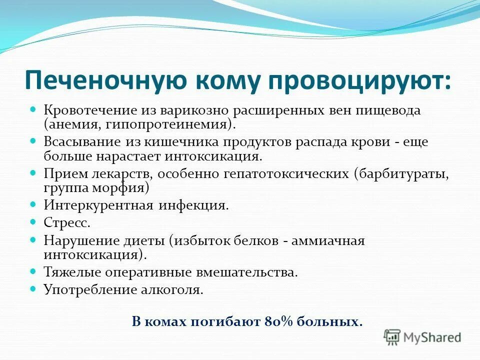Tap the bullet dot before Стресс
point(34,220)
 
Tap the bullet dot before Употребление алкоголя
point(34,288)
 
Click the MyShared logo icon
point(392,336)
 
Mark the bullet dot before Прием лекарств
point(34,172)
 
